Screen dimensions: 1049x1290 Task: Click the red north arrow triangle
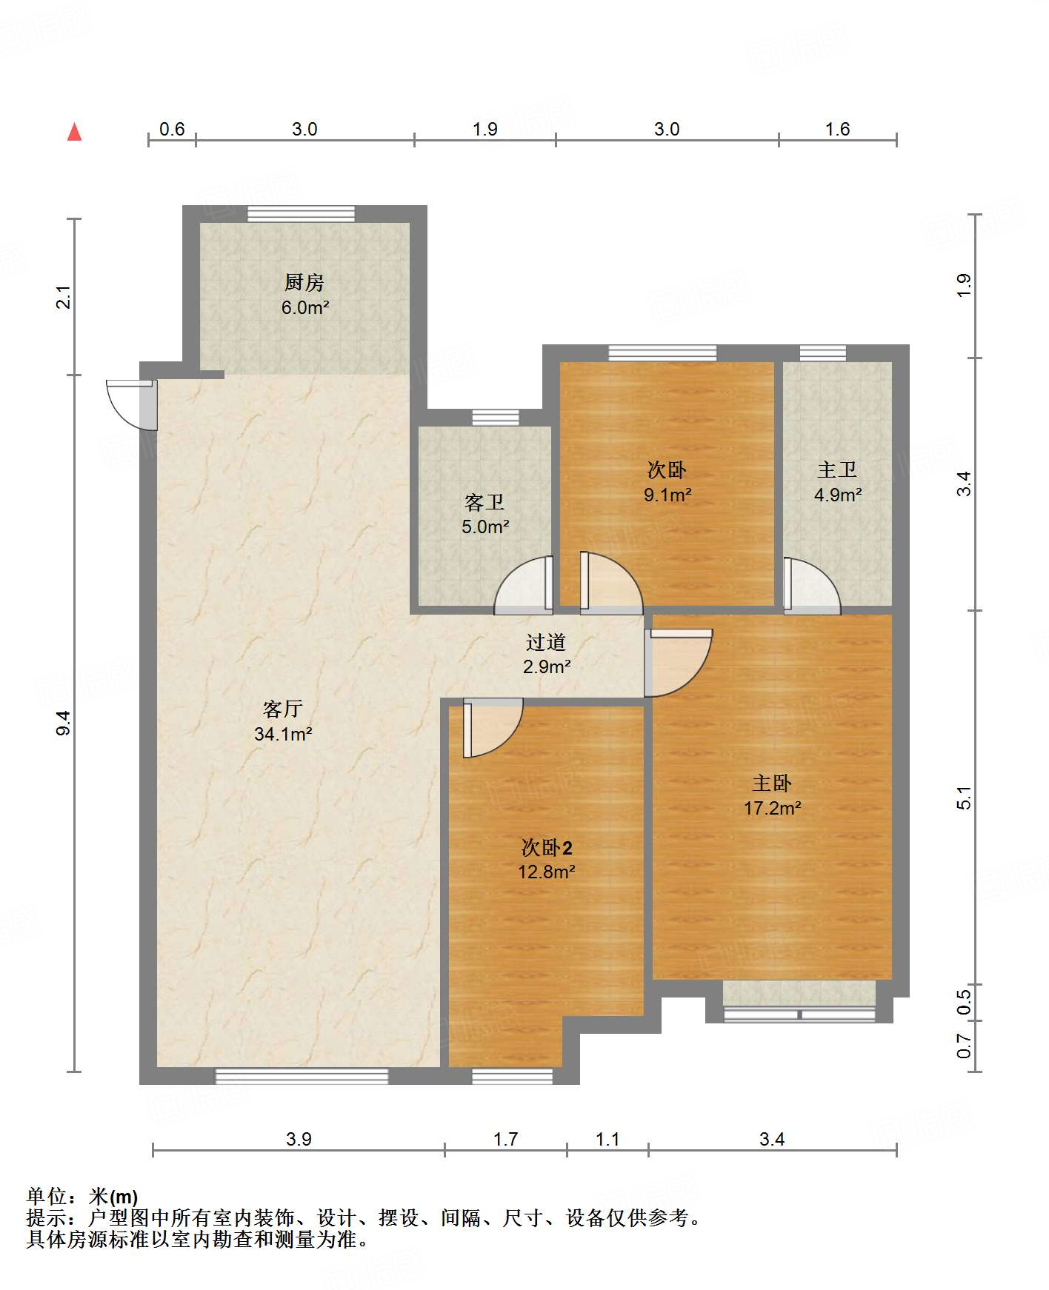[74, 132]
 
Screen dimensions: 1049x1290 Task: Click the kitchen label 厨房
[304, 282]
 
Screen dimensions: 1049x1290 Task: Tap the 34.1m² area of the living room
[283, 734]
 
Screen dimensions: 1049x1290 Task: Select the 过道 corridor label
[546, 642]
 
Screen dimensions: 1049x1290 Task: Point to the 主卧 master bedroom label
[772, 783]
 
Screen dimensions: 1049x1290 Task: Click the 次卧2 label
[547, 847]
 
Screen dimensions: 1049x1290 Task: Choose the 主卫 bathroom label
[837, 469]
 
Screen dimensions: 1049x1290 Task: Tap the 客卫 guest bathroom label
[484, 502]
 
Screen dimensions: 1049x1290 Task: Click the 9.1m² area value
[667, 495]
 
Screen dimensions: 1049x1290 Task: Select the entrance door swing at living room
[132, 404]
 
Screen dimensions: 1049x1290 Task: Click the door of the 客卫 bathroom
[524, 585]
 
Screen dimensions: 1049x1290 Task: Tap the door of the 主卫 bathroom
[812, 586]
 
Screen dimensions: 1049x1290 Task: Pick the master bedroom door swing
[679, 663]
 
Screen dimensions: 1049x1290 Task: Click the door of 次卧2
[493, 728]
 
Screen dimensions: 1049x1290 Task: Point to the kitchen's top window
[301, 214]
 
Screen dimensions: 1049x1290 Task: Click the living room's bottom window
[302, 1076]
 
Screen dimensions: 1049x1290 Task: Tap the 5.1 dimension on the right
[964, 798]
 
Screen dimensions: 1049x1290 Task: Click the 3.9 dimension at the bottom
[299, 1139]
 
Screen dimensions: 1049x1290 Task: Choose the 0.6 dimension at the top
[172, 129]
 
